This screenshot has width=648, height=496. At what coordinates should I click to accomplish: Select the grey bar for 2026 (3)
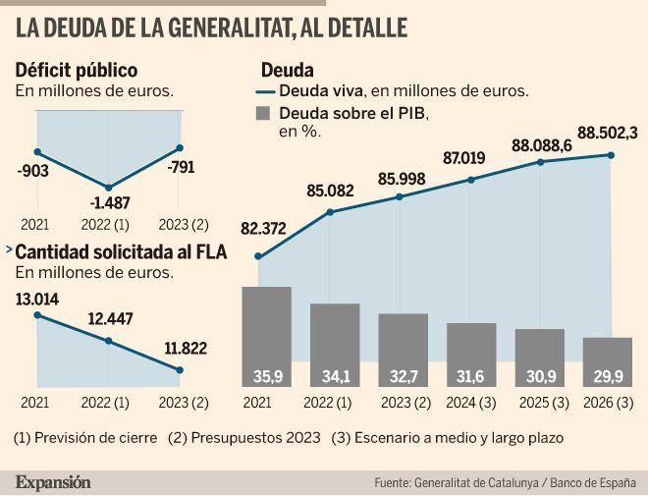pyautogui.click(x=608, y=362)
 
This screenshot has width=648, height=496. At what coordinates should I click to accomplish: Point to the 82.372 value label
pyautogui.click(x=263, y=230)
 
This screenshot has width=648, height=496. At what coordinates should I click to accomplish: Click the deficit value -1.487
pyautogui.click(x=108, y=203)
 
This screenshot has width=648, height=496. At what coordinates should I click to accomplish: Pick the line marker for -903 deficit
pyautogui.click(x=37, y=151)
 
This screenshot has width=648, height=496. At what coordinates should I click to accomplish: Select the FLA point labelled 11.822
pyautogui.click(x=180, y=370)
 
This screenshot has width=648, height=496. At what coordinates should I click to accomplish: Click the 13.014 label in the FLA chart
pyautogui.click(x=36, y=298)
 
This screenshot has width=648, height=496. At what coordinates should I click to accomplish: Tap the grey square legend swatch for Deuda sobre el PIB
pyautogui.click(x=262, y=113)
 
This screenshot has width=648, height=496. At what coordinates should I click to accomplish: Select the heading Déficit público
pyautogui.click(x=76, y=70)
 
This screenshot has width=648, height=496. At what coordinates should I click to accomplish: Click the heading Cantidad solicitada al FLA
pyautogui.click(x=121, y=252)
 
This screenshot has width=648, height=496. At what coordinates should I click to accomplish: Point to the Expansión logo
pyautogui.click(x=53, y=482)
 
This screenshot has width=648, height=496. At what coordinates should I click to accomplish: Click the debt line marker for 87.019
pyautogui.click(x=472, y=180)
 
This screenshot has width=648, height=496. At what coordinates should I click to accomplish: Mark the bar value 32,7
pyautogui.click(x=404, y=376)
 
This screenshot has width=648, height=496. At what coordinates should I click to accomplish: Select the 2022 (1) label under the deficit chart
pyautogui.click(x=108, y=224)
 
